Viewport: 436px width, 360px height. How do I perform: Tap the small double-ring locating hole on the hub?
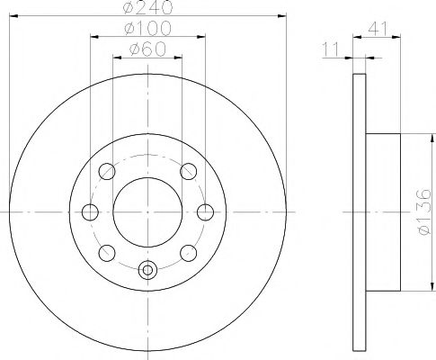[148, 268]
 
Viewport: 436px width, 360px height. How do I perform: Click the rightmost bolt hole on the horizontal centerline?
[206, 212]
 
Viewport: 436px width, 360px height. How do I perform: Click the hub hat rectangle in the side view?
[383, 212]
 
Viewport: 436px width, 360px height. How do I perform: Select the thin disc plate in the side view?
[360, 212]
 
